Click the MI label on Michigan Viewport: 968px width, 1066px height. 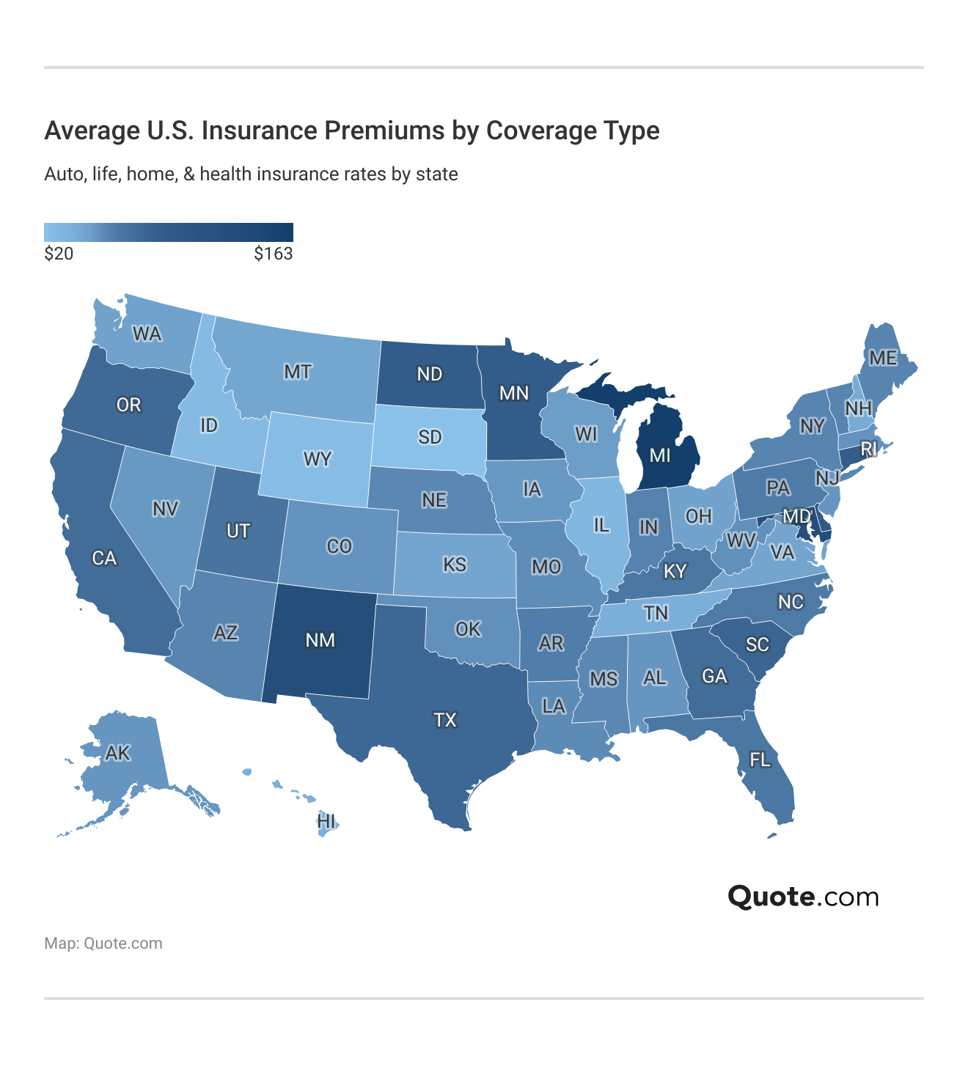coord(660,455)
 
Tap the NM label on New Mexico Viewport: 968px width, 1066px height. coord(320,640)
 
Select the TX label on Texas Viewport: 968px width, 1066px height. coord(444,720)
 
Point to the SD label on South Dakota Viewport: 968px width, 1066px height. coord(430,437)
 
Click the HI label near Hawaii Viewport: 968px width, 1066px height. coord(326,821)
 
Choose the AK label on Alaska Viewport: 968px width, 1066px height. coord(117,753)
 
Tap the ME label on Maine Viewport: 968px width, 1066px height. coord(883,358)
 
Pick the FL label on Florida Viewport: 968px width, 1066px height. coord(760,760)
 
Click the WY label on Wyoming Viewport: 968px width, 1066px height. coord(318,460)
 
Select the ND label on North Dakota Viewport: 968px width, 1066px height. coord(430,374)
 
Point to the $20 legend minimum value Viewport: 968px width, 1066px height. coord(59,254)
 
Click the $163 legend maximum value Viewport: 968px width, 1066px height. coord(274,254)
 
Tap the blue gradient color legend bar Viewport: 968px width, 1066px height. coord(169,232)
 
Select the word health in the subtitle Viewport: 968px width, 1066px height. coord(224,174)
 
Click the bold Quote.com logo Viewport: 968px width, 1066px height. coord(803,897)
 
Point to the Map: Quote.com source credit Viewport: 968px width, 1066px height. coord(103,944)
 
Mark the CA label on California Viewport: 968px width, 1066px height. coord(104,558)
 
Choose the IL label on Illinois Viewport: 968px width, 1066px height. coord(601,524)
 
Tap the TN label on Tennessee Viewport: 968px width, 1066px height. coord(656,612)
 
